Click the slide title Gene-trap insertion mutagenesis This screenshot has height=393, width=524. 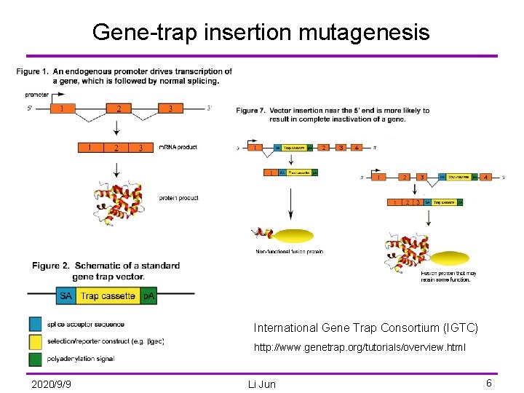(x=261, y=32)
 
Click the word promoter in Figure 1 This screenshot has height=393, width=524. (x=37, y=95)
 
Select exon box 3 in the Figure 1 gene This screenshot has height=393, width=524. (x=170, y=108)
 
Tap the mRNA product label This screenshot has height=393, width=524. (x=178, y=147)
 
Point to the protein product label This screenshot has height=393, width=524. (x=178, y=198)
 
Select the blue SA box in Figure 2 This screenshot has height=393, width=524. (x=65, y=295)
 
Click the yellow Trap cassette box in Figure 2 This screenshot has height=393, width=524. (x=107, y=295)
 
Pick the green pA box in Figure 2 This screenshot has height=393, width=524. (x=148, y=295)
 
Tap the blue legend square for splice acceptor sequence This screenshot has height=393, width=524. (x=36, y=325)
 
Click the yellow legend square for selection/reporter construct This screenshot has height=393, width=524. (x=36, y=342)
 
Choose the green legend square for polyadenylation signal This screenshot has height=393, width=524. (x=36, y=360)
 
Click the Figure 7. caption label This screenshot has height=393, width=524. (x=251, y=111)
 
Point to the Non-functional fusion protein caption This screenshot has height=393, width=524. (x=289, y=252)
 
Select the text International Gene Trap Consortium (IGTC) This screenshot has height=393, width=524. (x=365, y=328)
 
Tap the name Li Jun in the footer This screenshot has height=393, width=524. (x=261, y=384)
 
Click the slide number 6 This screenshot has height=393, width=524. (x=489, y=383)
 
